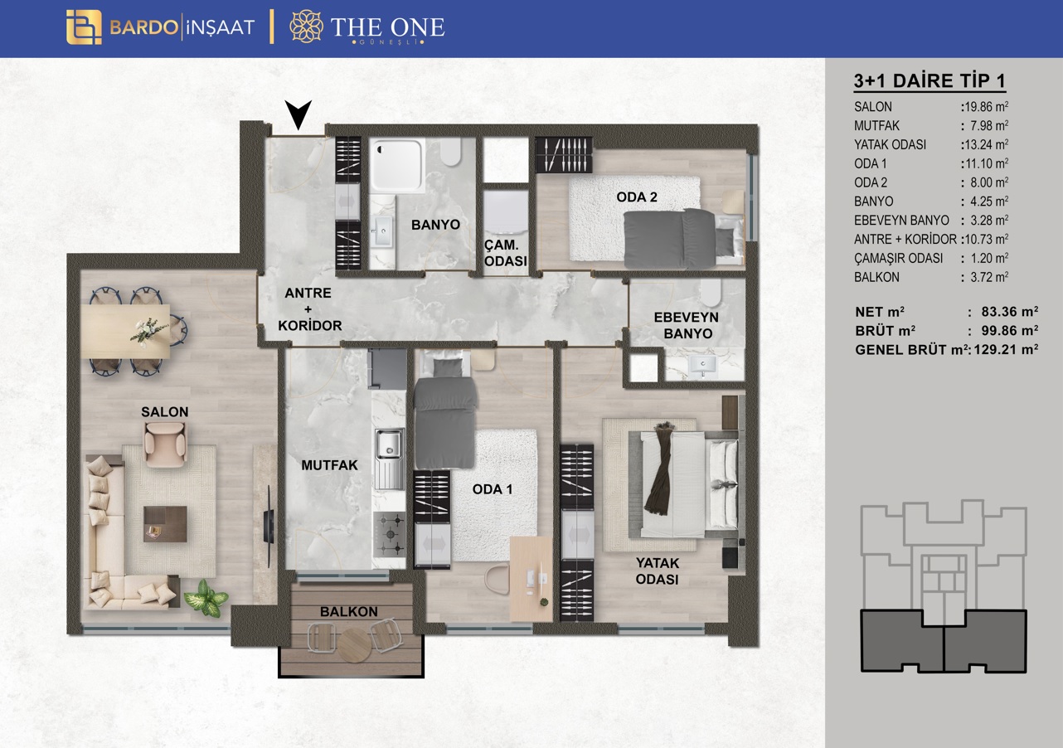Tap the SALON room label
click(165, 411)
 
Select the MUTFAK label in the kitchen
click(329, 465)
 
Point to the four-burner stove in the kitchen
click(389, 534)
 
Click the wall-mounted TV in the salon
click(269, 514)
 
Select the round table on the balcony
click(354, 644)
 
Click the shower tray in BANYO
click(396, 165)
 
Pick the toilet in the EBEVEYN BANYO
click(710, 293)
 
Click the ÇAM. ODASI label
click(506, 253)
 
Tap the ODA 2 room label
click(636, 197)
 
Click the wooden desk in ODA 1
click(531, 579)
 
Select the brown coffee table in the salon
click(165, 524)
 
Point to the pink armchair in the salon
click(165, 444)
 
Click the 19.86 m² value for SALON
click(985, 106)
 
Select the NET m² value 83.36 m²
click(1009, 311)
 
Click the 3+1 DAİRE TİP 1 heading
click(930, 80)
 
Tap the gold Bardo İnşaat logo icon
click(84, 27)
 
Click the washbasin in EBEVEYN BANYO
click(703, 365)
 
